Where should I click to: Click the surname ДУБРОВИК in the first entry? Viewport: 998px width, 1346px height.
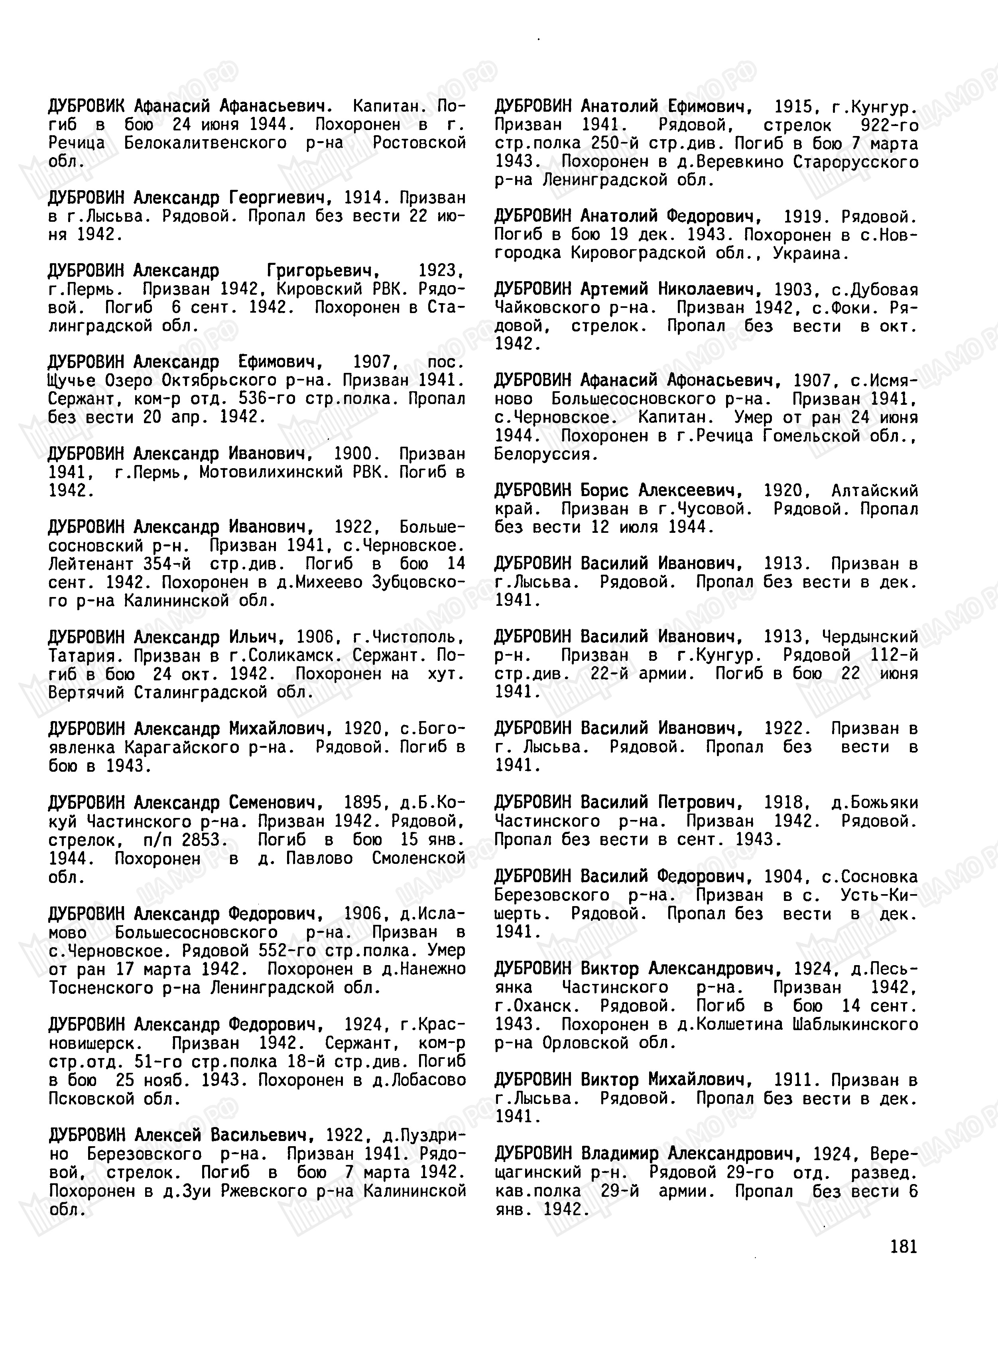click(x=87, y=107)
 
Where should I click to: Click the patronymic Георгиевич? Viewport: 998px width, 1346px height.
click(x=280, y=198)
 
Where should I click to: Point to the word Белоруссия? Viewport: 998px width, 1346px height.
click(x=545, y=454)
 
